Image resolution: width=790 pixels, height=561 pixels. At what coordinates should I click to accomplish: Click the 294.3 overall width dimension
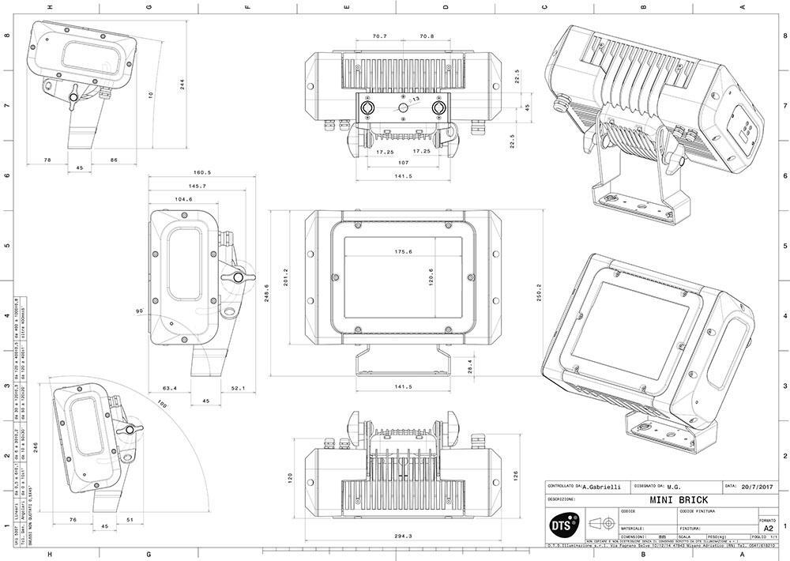[403, 536]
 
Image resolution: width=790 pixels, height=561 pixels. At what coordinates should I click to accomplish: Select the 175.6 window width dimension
[404, 251]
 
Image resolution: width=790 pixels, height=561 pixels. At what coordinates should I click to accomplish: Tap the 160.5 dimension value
[204, 172]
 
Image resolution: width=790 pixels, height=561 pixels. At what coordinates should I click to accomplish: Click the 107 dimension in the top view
[403, 164]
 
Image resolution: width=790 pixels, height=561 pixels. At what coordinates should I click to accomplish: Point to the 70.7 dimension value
[379, 36]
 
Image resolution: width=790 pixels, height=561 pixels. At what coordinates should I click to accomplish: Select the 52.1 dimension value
[238, 388]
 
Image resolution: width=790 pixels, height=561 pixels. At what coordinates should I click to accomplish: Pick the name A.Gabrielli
[601, 488]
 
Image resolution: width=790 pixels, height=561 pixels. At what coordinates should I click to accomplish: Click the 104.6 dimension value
[183, 200]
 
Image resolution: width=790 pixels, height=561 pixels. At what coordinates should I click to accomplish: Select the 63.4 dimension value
[170, 388]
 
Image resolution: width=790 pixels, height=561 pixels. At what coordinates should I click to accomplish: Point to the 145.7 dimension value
[193, 186]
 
